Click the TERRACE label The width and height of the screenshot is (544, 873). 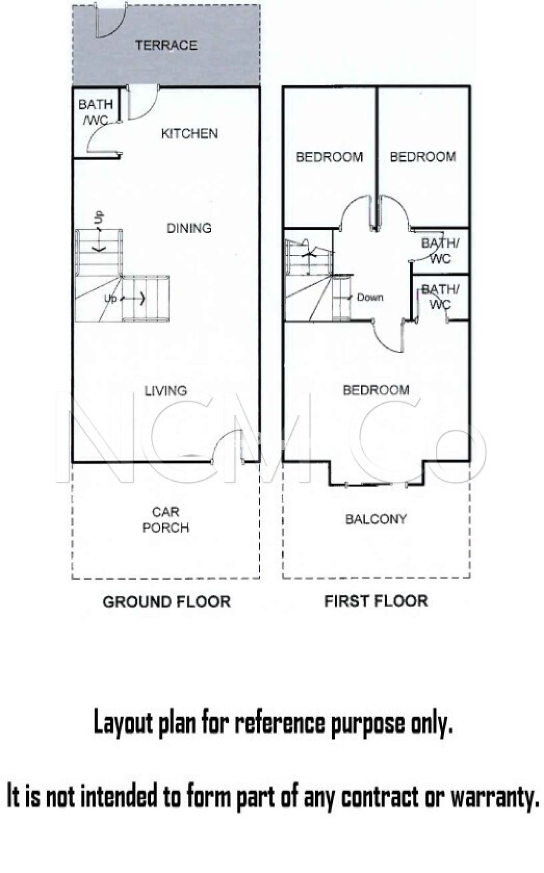click(x=166, y=45)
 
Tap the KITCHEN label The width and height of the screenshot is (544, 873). click(x=189, y=134)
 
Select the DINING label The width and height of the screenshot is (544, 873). click(x=189, y=228)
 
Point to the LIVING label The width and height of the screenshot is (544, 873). click(x=166, y=391)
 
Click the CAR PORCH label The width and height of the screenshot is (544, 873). click(x=166, y=520)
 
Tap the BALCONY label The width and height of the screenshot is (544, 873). click(x=376, y=519)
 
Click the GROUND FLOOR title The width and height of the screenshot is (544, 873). click(x=167, y=602)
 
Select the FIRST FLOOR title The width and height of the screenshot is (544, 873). click(x=376, y=601)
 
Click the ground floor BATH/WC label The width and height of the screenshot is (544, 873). click(x=95, y=112)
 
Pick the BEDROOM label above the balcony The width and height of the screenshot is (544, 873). click(x=376, y=390)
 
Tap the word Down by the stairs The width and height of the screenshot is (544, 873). click(x=370, y=298)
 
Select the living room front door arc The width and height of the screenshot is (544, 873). click(x=227, y=439)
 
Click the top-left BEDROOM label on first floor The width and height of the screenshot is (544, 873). click(x=329, y=157)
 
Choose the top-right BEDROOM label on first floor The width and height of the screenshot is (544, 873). click(x=423, y=157)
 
